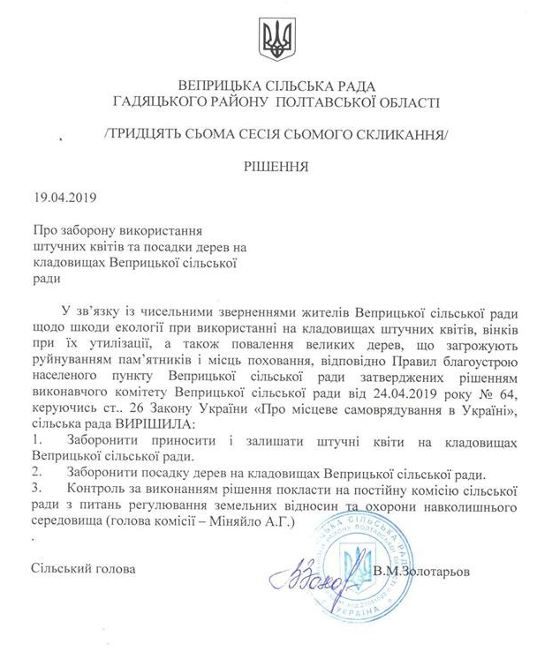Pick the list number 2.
click(34, 473)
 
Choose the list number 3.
click(34, 489)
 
